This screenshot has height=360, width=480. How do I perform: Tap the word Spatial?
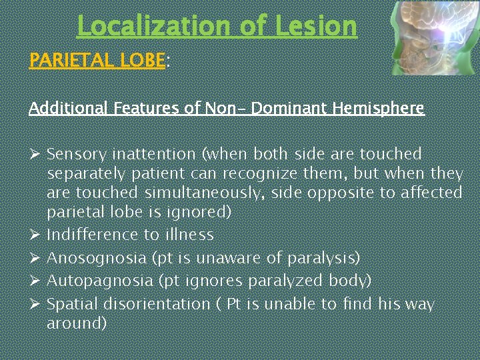pos(71,304)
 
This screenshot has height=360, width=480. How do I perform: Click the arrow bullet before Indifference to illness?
pos(36,235)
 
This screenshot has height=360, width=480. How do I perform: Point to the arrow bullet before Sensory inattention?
pos(36,154)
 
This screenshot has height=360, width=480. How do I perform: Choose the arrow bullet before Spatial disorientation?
pos(36,304)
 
